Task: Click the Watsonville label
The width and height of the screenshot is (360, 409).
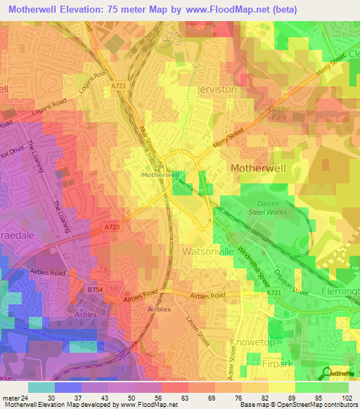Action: coord(207,250)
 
